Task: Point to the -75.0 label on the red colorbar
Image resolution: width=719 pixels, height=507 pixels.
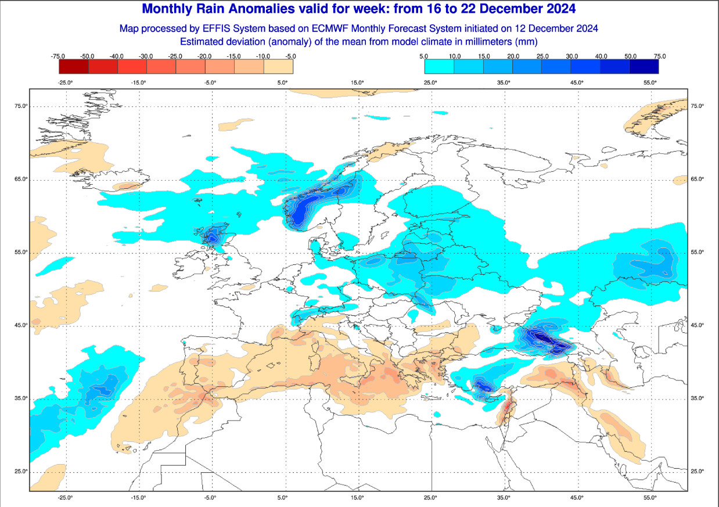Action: click(57, 56)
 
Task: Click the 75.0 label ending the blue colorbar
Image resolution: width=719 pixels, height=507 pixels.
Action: click(659, 56)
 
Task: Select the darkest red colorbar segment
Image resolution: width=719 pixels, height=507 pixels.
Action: click(74, 66)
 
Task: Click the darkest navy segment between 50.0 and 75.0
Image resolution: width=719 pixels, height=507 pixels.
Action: click(644, 66)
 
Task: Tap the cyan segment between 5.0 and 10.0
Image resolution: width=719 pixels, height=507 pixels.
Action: click(439, 66)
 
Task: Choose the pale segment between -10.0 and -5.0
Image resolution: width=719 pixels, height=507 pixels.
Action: click(278, 66)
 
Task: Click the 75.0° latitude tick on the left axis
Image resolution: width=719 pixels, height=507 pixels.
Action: click(22, 106)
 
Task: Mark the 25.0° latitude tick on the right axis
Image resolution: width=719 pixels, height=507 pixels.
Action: click(696, 471)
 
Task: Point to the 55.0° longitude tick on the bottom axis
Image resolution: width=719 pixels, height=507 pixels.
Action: click(650, 498)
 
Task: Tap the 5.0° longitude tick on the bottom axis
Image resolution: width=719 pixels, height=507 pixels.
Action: click(283, 498)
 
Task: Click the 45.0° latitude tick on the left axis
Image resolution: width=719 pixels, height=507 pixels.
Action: click(22, 325)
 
